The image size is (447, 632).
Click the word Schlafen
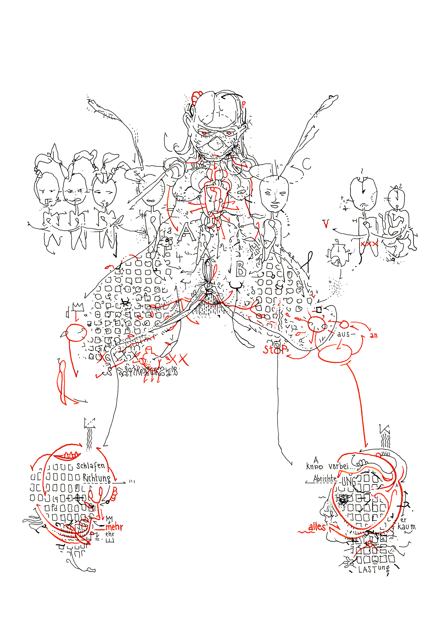pyautogui.click(x=90, y=466)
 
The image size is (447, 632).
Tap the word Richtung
pyautogui.click(x=97, y=478)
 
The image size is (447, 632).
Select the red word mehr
pyautogui.click(x=114, y=527)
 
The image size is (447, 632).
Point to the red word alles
pyautogui.click(x=317, y=527)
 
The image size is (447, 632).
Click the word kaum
pyautogui.click(x=407, y=527)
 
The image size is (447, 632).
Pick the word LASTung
pyautogui.click(x=374, y=569)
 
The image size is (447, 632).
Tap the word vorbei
pyautogui.click(x=338, y=466)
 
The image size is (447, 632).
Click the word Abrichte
pyautogui.click(x=325, y=479)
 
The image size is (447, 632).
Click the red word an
pyautogui.click(x=374, y=336)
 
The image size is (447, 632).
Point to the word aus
pyautogui.click(x=343, y=334)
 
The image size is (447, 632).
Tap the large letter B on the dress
pyautogui.click(x=241, y=269)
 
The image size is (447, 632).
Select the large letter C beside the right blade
pyautogui.click(x=306, y=164)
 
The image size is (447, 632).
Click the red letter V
pyautogui.click(x=326, y=224)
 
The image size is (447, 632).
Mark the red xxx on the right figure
pyautogui.click(x=369, y=244)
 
